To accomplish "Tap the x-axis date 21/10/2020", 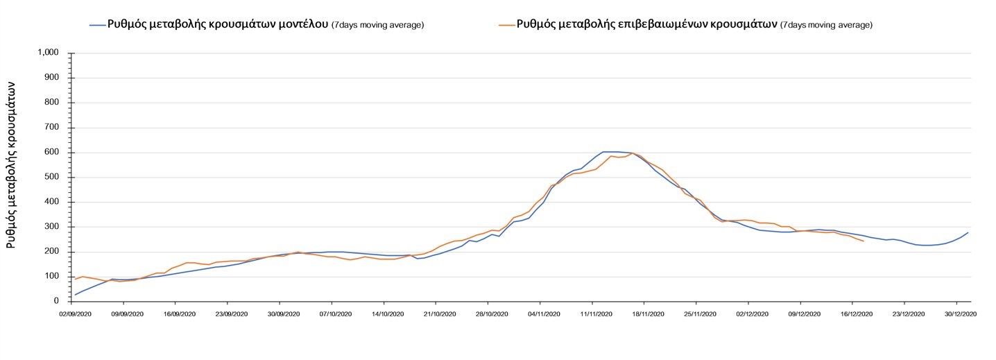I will (436, 314).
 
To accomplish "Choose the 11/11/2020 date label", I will (592, 314).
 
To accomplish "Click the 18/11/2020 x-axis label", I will (644, 314).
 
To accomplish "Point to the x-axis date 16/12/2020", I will (852, 314).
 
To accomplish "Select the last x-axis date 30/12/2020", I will (957, 314).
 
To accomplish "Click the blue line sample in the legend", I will (96, 25).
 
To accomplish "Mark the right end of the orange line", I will (863, 241).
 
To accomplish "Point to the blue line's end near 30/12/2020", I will (968, 233).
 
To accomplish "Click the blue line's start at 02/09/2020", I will (75, 295).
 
